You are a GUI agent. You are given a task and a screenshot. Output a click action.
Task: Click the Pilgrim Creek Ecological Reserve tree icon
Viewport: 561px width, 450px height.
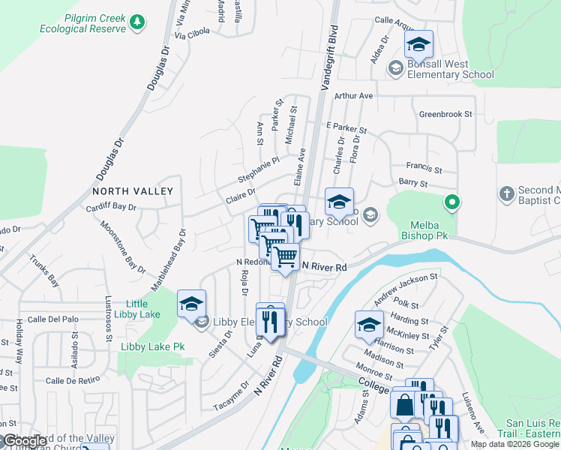[x=136, y=22]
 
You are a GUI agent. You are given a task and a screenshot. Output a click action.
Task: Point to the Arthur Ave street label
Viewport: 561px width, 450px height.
[x=353, y=96]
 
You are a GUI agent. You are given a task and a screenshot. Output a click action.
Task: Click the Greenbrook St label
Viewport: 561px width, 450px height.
[x=445, y=114]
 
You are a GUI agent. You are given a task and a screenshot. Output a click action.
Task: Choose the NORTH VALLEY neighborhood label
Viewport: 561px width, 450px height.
[x=133, y=191]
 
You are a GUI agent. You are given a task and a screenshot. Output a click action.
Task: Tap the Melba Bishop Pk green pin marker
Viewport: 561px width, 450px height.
[x=451, y=202]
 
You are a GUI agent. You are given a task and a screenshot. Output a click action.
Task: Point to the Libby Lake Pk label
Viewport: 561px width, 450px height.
[x=152, y=346]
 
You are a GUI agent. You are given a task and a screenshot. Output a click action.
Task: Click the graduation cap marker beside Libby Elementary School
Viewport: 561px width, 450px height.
[x=191, y=304]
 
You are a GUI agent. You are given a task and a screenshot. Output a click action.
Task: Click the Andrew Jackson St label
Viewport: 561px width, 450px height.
[x=405, y=289]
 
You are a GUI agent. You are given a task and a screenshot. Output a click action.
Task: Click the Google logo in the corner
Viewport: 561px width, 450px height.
[x=25, y=442]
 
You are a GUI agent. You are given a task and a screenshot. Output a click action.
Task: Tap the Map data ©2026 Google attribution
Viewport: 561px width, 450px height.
[x=514, y=444]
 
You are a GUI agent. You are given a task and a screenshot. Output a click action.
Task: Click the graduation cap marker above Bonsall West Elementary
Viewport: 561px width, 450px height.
[x=418, y=44]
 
